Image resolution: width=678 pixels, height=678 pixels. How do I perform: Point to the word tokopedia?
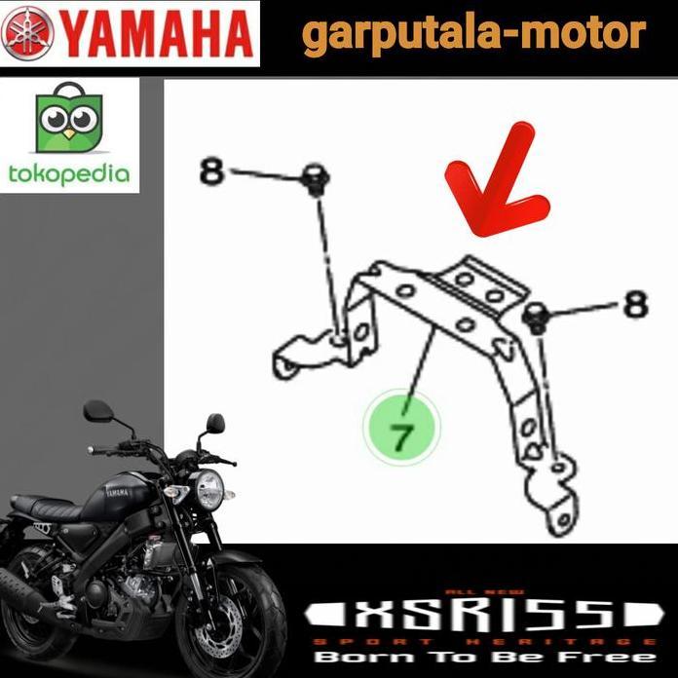point(67,174)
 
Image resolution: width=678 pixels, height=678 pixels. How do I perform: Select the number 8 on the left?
point(212,171)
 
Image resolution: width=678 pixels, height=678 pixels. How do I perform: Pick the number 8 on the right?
point(635,304)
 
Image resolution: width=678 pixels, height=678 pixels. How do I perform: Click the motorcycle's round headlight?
point(209,489)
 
